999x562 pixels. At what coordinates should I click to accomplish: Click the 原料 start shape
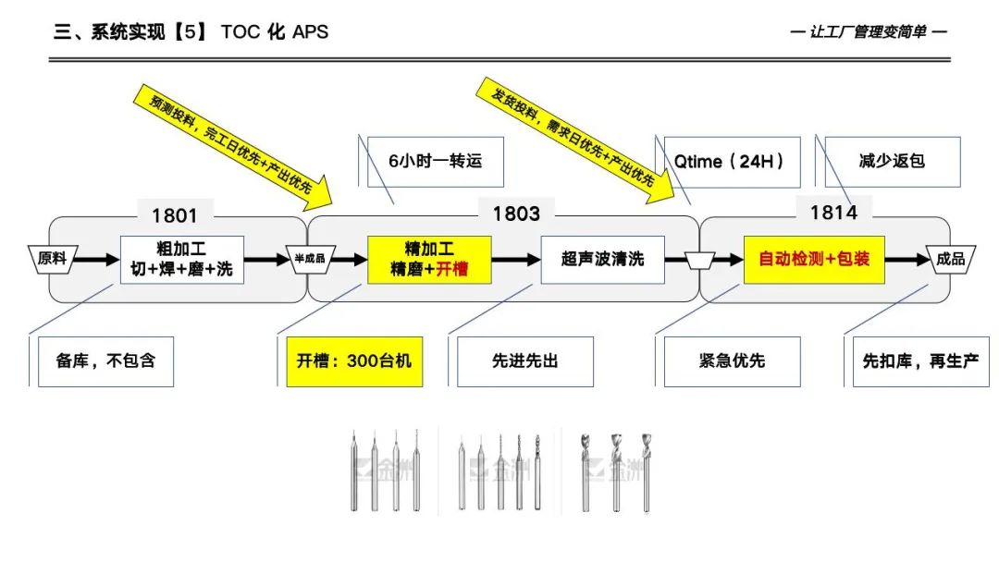click(x=52, y=259)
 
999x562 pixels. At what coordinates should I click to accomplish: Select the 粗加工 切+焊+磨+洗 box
click(x=182, y=259)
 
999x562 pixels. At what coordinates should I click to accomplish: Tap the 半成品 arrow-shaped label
click(x=309, y=259)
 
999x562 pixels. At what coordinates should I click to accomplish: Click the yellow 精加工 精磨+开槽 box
click(x=429, y=259)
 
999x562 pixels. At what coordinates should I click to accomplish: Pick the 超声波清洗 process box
click(x=602, y=259)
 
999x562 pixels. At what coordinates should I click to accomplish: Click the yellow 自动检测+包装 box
click(x=814, y=259)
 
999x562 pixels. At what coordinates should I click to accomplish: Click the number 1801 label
click(x=175, y=215)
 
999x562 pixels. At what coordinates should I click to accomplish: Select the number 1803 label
click(x=516, y=214)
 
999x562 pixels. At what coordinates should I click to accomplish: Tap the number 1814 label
click(x=833, y=213)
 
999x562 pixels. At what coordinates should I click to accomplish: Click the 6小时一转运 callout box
click(x=435, y=161)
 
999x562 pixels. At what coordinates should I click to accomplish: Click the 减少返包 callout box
click(x=892, y=161)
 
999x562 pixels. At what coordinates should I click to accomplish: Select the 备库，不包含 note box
click(x=106, y=360)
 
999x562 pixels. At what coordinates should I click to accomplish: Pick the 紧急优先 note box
click(x=732, y=360)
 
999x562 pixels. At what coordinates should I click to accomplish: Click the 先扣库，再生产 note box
click(x=919, y=360)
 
